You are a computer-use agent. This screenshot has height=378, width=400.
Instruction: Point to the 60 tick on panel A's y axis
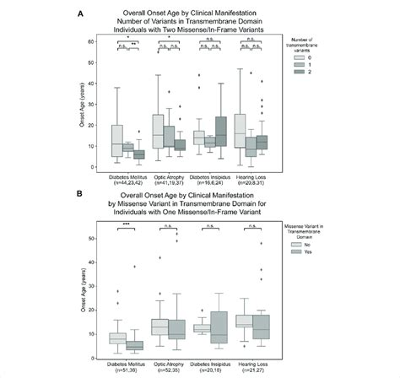[102, 40]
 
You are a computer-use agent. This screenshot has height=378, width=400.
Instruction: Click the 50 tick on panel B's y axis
[102, 239]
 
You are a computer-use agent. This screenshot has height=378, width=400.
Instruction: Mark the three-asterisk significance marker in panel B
[127, 224]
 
